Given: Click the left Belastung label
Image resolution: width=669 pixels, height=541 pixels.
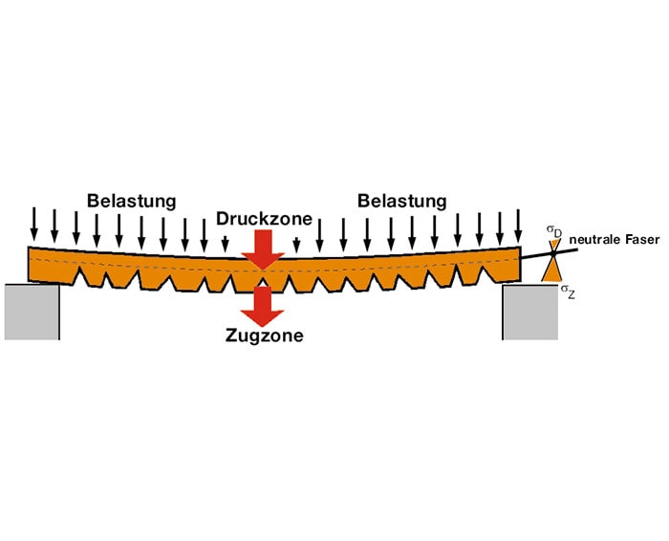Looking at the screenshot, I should click(132, 201).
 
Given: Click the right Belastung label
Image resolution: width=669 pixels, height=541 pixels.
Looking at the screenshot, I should click(401, 201).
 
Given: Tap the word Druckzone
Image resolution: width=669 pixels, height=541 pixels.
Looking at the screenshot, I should click(264, 219).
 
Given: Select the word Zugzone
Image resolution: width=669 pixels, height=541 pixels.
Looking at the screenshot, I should click(264, 335).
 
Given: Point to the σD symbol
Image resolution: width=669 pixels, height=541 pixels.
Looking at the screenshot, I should click(553, 230).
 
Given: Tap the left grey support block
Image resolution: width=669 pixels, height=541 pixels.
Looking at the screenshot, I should click(32, 310).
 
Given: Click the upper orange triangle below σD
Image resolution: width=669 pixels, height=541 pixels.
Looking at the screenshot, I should click(553, 247).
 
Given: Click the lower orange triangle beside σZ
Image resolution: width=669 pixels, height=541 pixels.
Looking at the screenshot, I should click(552, 270).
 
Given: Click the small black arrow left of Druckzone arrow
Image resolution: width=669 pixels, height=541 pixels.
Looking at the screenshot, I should click(226, 243).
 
